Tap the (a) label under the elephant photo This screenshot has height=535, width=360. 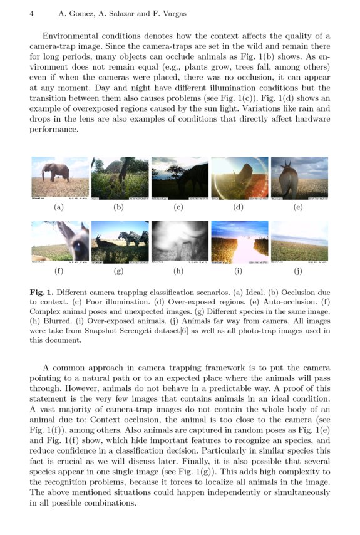pos(59,207)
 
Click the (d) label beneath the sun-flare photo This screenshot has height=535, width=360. pos(239,207)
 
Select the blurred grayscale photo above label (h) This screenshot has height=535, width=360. pos(179,241)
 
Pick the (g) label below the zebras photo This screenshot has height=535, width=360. pos(119,272)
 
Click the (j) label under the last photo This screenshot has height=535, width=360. pos(299,272)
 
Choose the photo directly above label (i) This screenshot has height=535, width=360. pos(239,241)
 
